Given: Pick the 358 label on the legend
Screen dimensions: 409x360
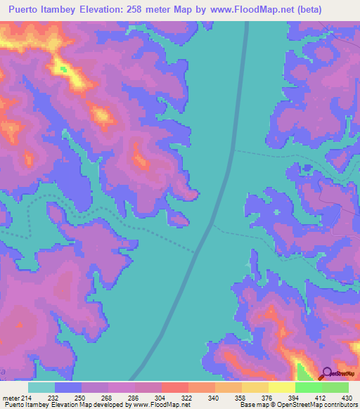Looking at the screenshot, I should [x=241, y=397].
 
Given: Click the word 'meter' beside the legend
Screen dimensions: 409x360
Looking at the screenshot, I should [x=10, y=397].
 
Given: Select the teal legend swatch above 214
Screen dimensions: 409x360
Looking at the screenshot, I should [x=41, y=387].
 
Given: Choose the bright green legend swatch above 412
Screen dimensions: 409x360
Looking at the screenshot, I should [x=309, y=387].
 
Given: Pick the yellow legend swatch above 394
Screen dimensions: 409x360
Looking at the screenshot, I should [x=282, y=387].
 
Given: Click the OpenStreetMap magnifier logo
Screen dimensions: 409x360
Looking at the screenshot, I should [x=327, y=374].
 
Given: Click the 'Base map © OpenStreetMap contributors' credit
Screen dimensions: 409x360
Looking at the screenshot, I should [x=297, y=405].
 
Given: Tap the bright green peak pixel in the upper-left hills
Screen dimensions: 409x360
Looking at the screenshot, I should [x=64, y=69].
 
